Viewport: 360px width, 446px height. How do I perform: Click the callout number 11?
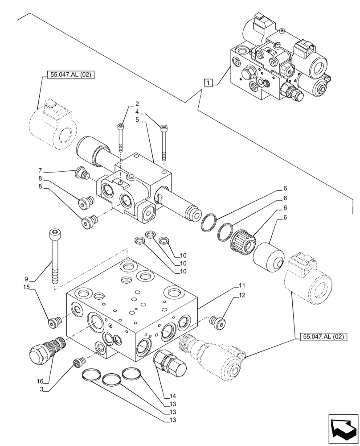point(242,285)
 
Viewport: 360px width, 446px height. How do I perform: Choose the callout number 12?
point(242,295)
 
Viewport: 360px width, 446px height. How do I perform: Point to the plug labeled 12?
point(217,322)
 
